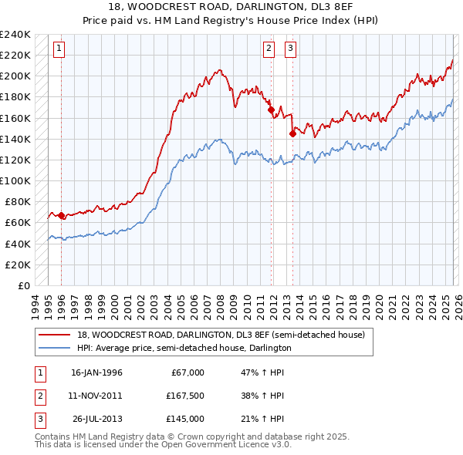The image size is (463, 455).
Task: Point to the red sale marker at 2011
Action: point(271,110)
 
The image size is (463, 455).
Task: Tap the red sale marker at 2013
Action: point(292,133)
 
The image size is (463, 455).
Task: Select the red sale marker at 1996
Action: point(61,215)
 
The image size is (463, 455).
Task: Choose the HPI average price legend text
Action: point(184,348)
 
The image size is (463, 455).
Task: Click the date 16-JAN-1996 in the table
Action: point(96,372)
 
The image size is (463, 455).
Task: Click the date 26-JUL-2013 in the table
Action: point(96,419)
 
